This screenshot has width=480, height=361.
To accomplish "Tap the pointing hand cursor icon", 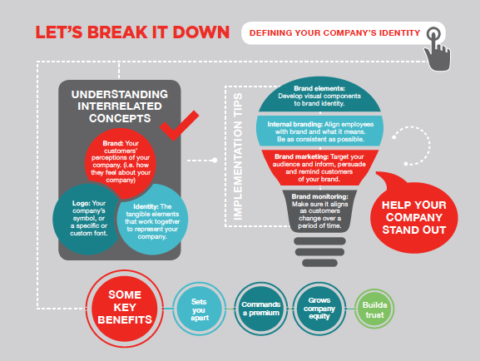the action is (438, 51).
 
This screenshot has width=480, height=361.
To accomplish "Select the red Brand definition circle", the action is (121, 162).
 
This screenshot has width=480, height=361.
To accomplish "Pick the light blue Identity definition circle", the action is (153, 220).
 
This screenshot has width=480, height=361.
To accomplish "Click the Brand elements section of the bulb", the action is (319, 95).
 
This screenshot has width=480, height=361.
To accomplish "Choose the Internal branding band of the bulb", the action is (320, 131).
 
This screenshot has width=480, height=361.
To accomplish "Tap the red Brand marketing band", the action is (319, 167).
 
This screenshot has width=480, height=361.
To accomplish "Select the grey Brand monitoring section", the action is (319, 211).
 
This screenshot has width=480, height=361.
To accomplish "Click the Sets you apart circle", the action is (200, 309).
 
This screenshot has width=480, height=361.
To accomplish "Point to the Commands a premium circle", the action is (261, 309).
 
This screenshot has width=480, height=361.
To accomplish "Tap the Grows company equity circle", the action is (319, 309).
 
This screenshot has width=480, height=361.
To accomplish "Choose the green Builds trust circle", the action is (374, 309).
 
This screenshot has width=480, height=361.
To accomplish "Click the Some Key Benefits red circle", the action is (125, 308).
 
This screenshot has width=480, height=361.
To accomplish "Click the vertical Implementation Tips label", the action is (238, 156).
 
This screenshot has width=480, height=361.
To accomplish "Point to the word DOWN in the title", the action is (200, 32).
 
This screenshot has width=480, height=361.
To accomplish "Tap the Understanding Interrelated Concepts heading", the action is (120, 106).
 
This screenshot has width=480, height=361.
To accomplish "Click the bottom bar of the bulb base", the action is (319, 263).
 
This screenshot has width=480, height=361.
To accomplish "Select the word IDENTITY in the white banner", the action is (399, 33).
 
